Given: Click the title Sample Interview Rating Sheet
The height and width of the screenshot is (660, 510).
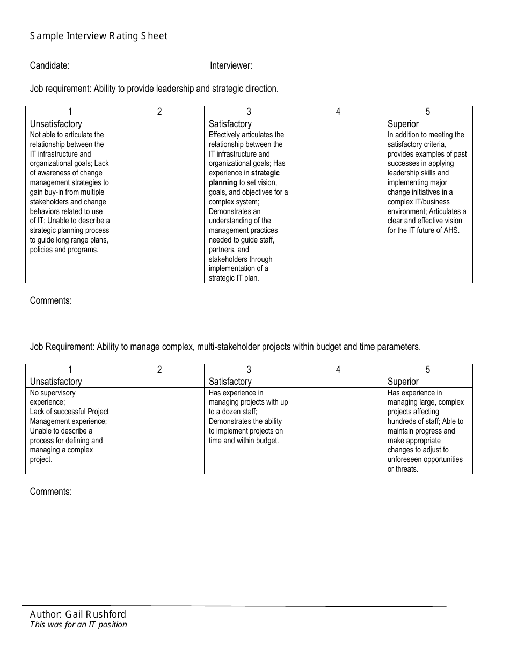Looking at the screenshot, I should [99, 36].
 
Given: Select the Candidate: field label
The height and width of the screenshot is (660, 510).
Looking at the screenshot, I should [49, 65].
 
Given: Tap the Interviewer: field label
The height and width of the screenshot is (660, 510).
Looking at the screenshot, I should [231, 65].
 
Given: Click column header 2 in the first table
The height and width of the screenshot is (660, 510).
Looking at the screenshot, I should [159, 112].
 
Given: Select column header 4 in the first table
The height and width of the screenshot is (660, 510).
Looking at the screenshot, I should [338, 112].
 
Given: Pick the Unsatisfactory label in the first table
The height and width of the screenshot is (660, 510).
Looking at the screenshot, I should [56, 124].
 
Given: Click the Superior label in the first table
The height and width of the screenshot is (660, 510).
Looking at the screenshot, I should [403, 124].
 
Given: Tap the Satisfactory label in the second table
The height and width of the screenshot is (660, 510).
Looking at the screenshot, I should [230, 382].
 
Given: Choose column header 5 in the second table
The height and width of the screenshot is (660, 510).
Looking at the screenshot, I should [428, 370].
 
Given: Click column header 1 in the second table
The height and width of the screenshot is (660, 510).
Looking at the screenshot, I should [70, 370].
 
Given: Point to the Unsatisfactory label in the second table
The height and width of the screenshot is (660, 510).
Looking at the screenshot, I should [56, 382].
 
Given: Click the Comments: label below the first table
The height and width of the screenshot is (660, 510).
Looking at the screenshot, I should [50, 300].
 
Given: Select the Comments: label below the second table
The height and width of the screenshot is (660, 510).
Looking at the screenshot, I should [50, 492].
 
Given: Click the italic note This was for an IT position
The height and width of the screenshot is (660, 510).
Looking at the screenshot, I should [78, 625].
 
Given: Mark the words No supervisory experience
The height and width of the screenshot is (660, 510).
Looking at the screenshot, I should [53, 397].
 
